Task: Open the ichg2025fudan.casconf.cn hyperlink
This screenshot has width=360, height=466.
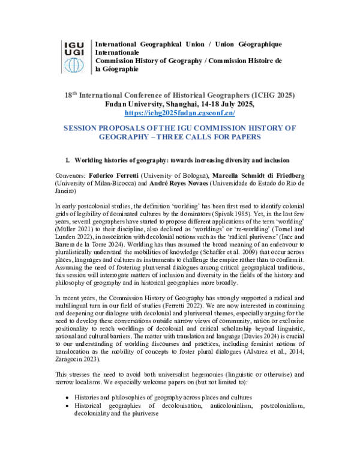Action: pyautogui.click(x=179, y=112)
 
